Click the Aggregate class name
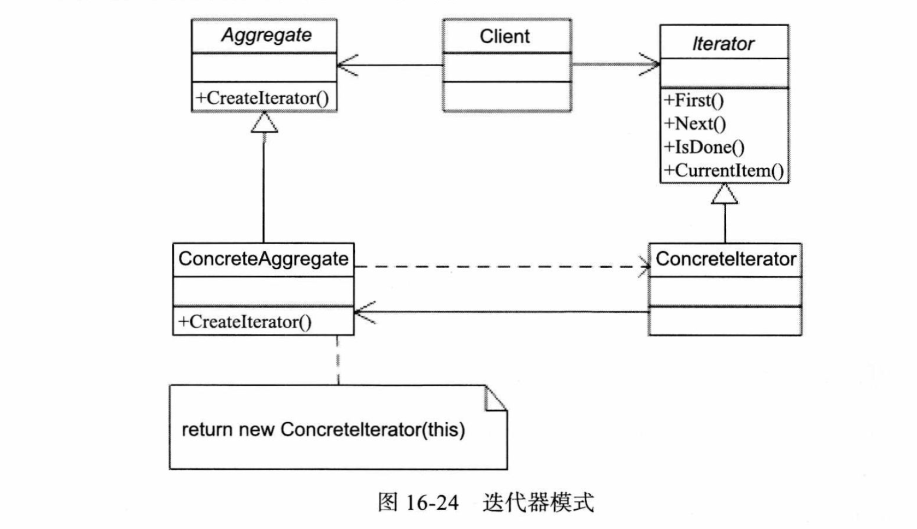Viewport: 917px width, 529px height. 266,35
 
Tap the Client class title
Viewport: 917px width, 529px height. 505,36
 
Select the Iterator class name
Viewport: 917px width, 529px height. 723,43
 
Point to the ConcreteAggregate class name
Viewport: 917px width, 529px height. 263,259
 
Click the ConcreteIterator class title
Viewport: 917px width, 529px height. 726,259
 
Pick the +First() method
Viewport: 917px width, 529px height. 694,100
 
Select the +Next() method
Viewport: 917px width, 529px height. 695,124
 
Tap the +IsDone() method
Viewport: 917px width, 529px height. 704,147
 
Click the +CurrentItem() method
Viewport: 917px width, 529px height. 724,170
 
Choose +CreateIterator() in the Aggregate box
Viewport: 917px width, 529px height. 262,98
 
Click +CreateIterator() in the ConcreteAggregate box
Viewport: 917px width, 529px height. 245,322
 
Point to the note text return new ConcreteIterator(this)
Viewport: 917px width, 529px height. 323,430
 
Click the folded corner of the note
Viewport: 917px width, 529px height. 495,399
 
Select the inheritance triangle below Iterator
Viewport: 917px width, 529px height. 725,193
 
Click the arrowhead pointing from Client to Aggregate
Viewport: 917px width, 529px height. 347,65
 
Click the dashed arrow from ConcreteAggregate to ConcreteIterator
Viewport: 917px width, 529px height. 502,266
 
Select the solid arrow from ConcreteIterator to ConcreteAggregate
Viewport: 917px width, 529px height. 501,312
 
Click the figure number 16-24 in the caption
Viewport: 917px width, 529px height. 432,503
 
